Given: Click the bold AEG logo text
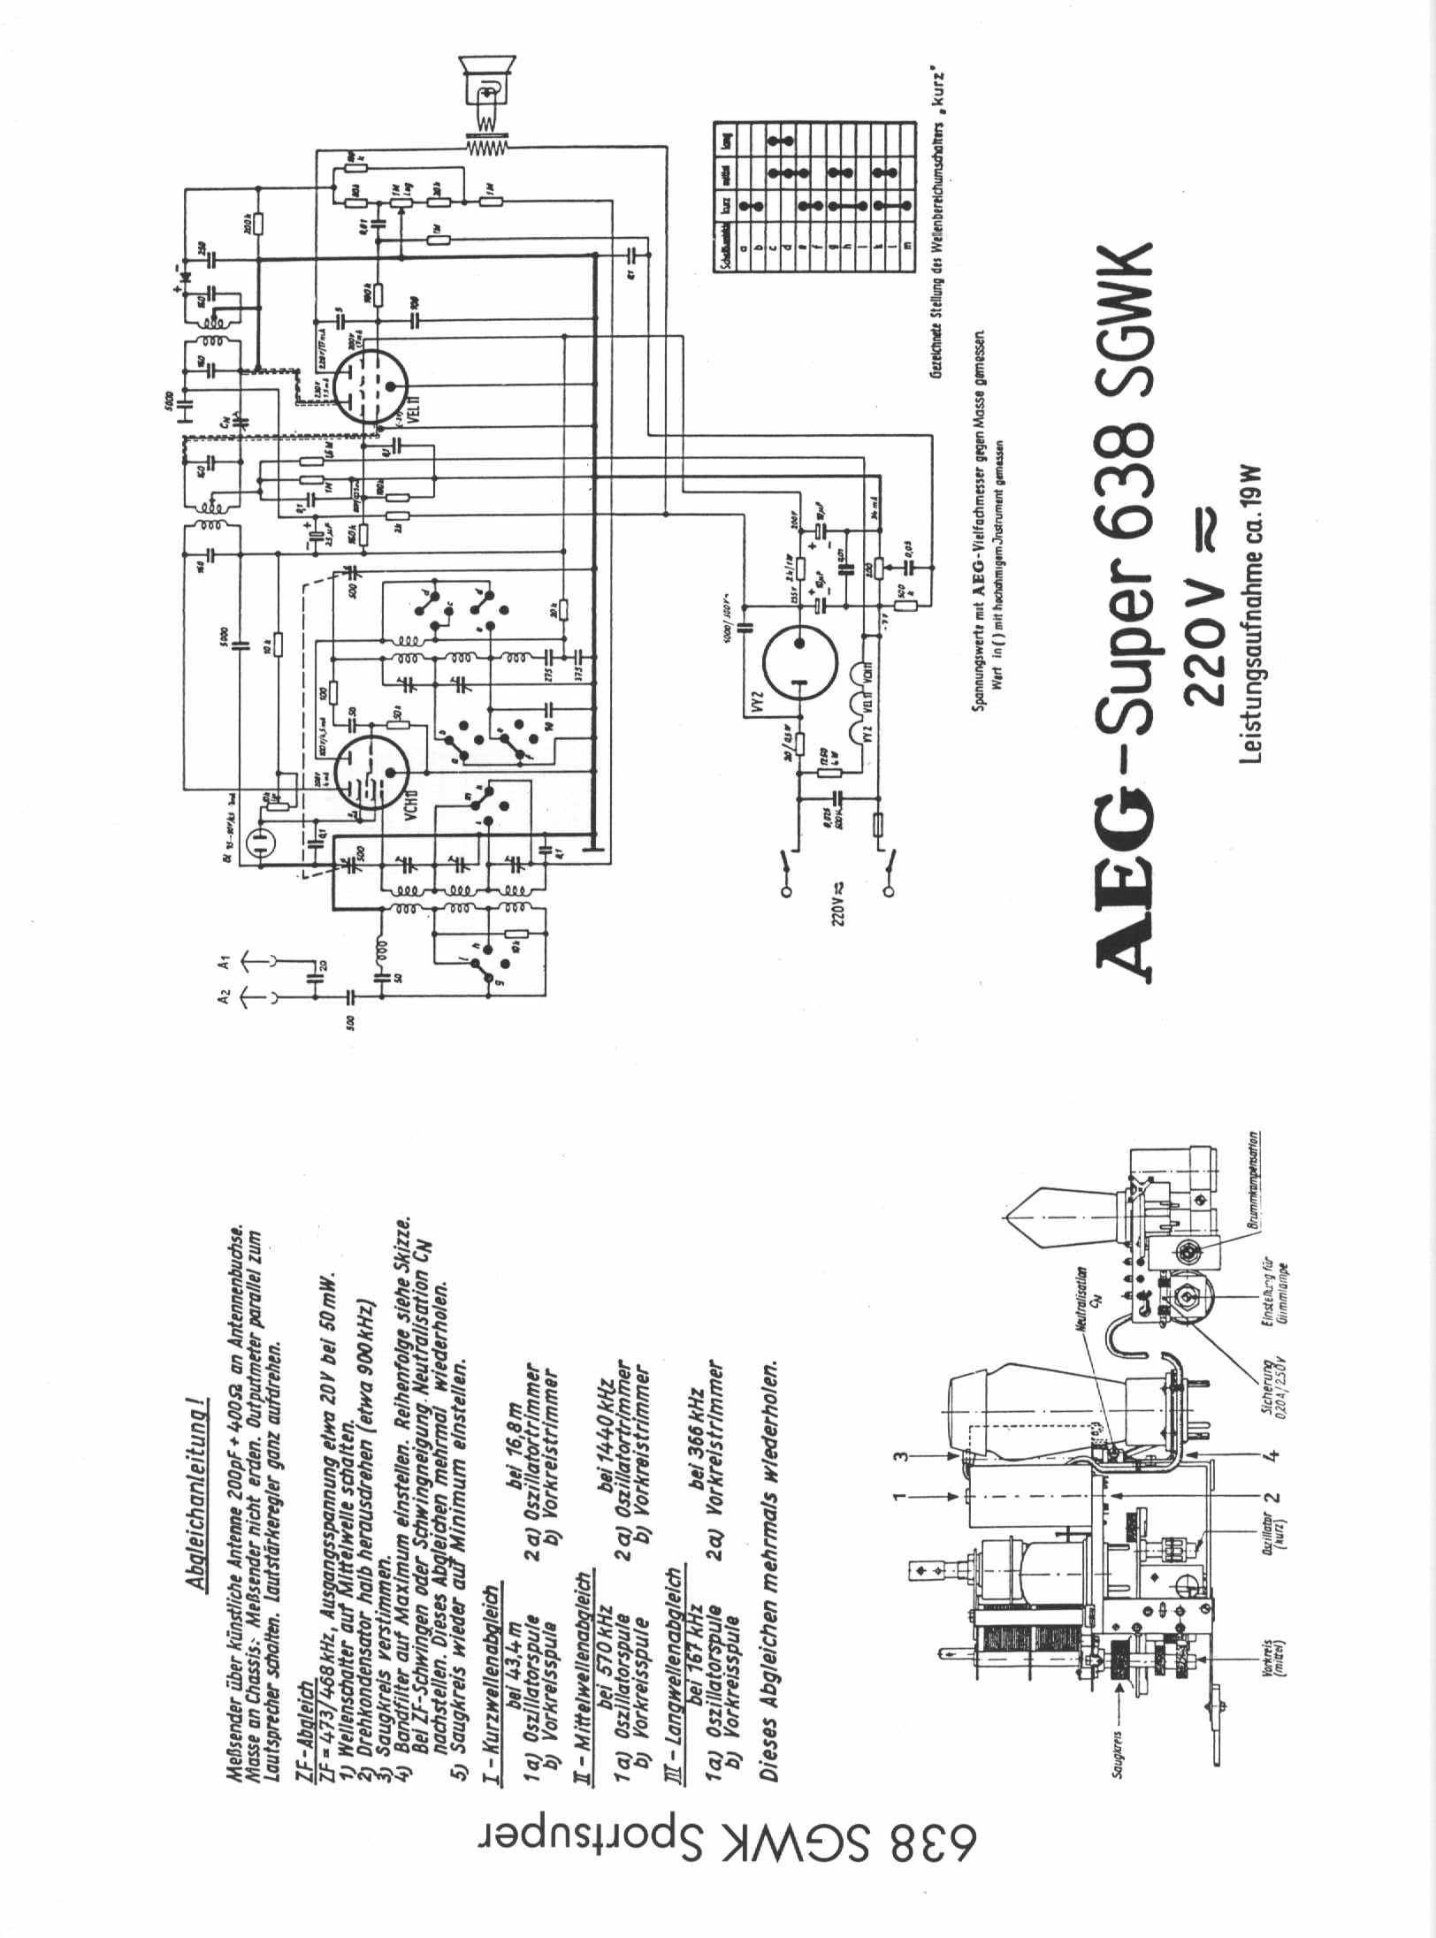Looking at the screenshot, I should (1128, 919).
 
